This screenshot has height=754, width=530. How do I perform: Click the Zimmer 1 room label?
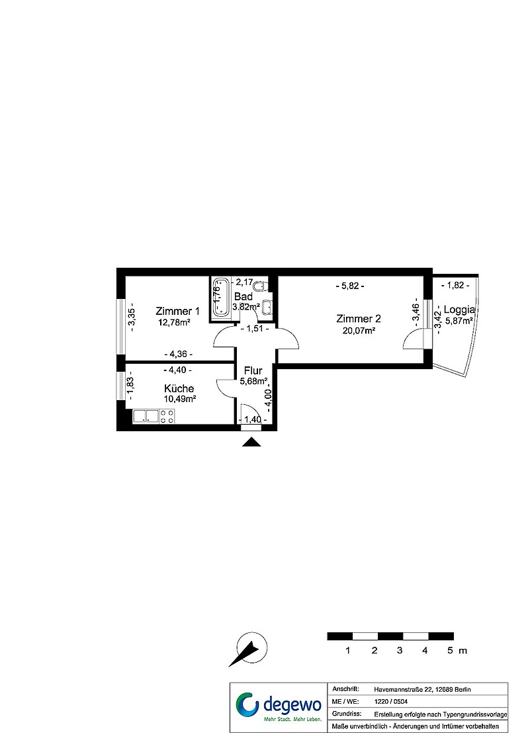click(x=177, y=311)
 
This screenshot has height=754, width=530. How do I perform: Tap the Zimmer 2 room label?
click(x=359, y=319)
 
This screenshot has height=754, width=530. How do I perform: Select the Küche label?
click(x=179, y=388)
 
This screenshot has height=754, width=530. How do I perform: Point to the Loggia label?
click(x=459, y=310)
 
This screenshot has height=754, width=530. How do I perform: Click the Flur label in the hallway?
click(x=253, y=371)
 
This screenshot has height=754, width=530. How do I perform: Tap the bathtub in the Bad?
click(x=222, y=298)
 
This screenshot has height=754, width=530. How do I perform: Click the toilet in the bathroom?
click(x=259, y=287)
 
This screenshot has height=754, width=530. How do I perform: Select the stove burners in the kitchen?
click(x=167, y=417)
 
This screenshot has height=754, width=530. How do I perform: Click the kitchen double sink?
click(x=147, y=417)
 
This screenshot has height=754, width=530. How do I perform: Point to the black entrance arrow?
click(x=251, y=442)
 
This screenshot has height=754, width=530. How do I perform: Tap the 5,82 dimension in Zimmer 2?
click(x=349, y=286)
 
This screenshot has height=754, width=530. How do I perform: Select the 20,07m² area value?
click(x=359, y=330)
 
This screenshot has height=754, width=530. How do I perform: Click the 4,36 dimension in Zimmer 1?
click(x=178, y=355)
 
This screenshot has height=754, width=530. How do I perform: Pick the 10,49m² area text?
click(x=179, y=399)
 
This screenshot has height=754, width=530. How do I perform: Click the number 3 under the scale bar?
click(x=400, y=651)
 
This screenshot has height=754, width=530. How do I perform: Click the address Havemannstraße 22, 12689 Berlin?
click(x=422, y=690)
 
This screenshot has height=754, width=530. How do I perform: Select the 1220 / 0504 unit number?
click(x=390, y=702)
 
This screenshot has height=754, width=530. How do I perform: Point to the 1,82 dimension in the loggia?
click(x=455, y=285)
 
